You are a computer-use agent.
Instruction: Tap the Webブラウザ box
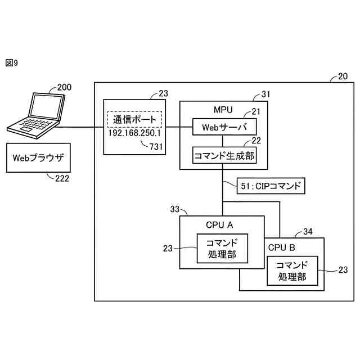coord(38,157)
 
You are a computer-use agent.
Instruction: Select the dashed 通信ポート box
coord(134,119)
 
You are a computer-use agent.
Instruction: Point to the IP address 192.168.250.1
coord(134,133)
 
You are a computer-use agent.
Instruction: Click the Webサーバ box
coord(224,127)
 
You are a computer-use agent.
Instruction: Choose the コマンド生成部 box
coord(224,155)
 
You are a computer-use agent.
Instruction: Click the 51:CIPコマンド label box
coord(271,186)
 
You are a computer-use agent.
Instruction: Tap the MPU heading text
coord(223,110)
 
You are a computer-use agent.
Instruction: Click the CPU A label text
coord(219,225)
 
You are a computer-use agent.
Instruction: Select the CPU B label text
coord(281,247)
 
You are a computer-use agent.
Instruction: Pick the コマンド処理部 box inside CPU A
coord(222,249)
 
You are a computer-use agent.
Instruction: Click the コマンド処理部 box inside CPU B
coord(292,271)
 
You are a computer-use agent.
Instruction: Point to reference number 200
coord(64,87)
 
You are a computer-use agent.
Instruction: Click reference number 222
coord(62,178)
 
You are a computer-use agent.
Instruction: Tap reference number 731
coord(156,147)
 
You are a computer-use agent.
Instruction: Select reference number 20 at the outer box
coord(343,76)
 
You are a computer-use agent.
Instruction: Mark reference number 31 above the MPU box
coord(266,94)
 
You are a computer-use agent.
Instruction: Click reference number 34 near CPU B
coord(308,231)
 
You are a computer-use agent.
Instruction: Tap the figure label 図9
coord(11,62)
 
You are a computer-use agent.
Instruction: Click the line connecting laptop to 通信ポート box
coord(79,127)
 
